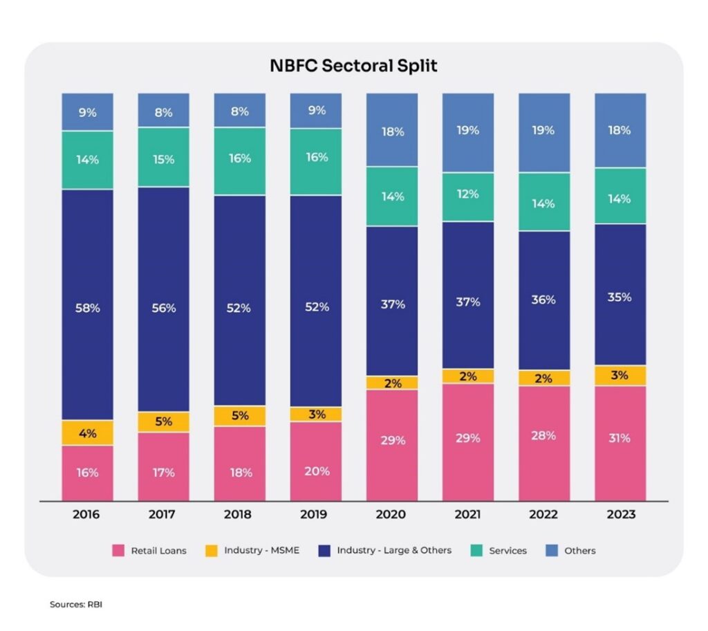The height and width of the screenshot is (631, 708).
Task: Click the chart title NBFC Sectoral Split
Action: pos(353,66)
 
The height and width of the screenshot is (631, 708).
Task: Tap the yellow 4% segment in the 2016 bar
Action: pos(88,433)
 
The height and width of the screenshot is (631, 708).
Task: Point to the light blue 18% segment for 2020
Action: pos(392,130)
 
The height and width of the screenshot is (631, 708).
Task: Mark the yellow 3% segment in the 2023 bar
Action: pos(620,376)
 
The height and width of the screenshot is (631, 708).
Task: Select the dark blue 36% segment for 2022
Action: pos(544,300)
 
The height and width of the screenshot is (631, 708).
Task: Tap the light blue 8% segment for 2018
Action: pos(240,110)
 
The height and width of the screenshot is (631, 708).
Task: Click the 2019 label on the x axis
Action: pos(316,515)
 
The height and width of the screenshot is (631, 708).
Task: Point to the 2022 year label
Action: pos(544,515)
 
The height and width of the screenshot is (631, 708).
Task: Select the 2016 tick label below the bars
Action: pos(86,515)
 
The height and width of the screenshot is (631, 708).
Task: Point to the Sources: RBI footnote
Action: pos(76,604)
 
